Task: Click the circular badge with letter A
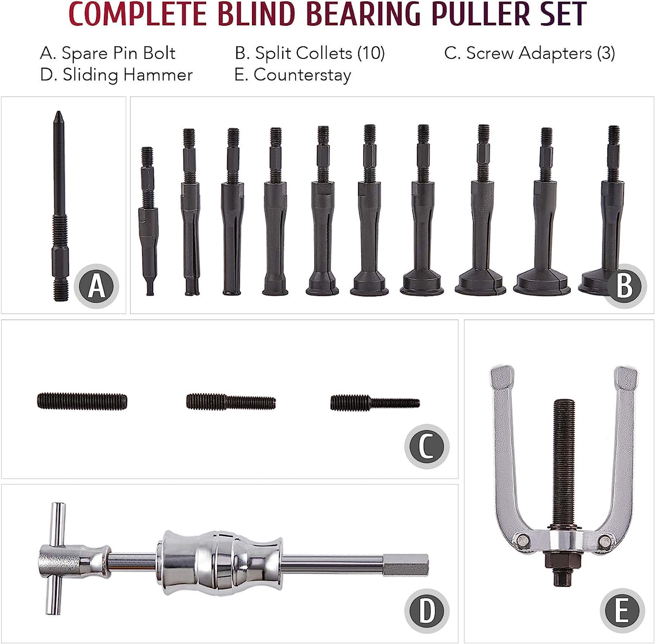tap(97, 286)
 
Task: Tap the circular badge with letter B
tap(625, 286)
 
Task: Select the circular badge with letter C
tap(427, 446)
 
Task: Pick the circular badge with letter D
tap(427, 610)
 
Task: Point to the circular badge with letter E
tap(622, 610)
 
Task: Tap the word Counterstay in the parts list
tap(302, 75)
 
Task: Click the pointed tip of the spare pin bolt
tap(58, 112)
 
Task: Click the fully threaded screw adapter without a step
tap(82, 401)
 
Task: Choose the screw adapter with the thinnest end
tap(375, 403)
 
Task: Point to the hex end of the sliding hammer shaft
tap(406, 565)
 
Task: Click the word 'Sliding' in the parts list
tap(90, 75)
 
